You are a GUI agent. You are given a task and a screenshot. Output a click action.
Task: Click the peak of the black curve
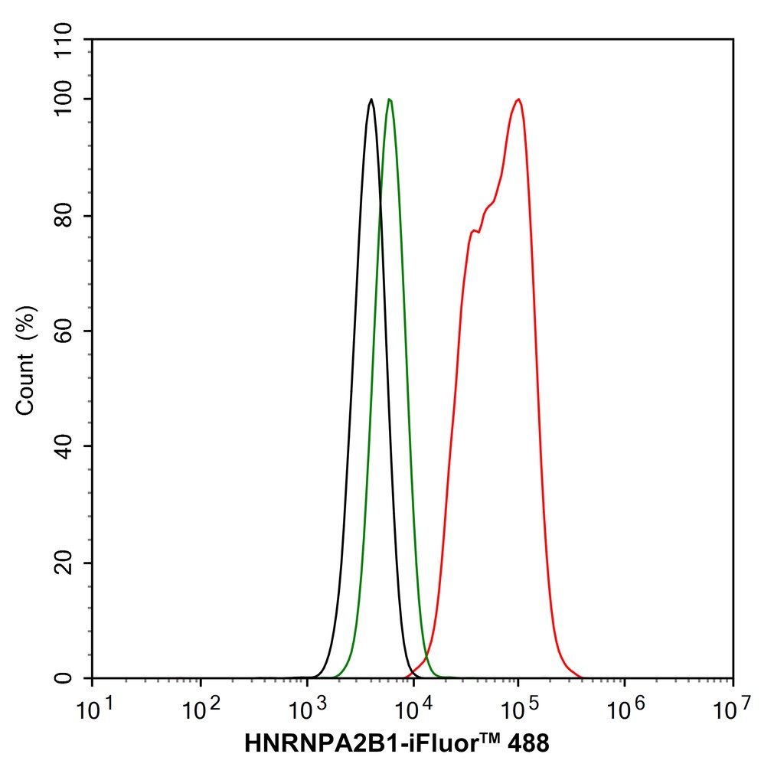(371, 100)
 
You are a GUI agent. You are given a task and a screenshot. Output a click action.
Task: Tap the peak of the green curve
(390, 100)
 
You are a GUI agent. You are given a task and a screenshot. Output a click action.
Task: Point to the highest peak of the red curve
(518, 100)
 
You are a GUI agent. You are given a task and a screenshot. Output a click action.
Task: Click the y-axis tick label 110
(64, 39)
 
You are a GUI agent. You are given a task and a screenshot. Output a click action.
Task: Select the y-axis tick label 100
(64, 99)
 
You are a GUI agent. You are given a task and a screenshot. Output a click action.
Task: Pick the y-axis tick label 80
(64, 216)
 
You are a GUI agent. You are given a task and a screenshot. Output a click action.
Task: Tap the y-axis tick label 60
(64, 331)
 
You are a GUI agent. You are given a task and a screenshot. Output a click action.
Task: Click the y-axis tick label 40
(64, 446)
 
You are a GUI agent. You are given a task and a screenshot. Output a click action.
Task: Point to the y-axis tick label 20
(64, 563)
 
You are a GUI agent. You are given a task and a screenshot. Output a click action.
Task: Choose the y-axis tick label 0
(64, 678)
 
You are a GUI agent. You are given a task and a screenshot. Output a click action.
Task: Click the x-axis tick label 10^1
(95, 710)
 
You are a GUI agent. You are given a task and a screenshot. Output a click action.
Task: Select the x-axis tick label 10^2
(201, 710)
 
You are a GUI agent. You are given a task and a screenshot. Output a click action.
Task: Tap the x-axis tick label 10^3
(307, 710)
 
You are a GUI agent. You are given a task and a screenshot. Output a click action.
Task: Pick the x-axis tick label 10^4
(413, 710)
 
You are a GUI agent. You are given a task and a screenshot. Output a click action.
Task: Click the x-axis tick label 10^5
(520, 710)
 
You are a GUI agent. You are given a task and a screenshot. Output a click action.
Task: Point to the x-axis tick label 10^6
(626, 710)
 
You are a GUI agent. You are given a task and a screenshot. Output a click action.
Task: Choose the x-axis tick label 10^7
(732, 710)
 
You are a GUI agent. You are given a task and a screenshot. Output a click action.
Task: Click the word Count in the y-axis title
(25, 384)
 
